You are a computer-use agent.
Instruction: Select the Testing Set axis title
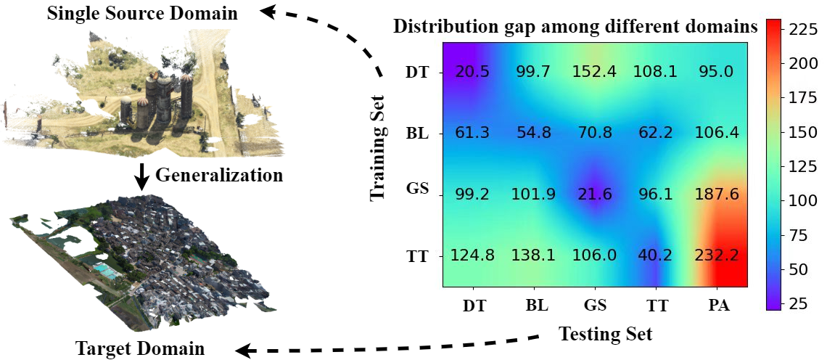605,334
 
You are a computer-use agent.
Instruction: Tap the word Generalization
219,175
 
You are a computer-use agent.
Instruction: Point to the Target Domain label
140,348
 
